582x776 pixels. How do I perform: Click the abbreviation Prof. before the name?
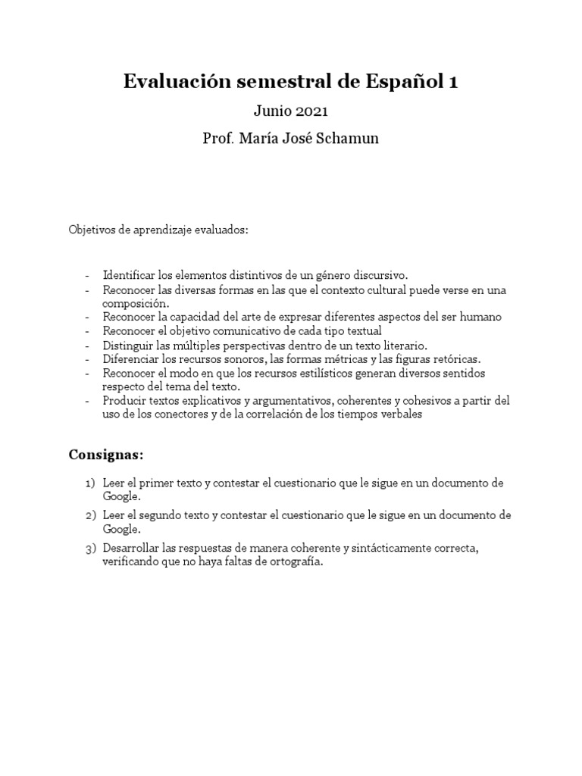[218, 139]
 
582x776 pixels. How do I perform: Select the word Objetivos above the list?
[92, 230]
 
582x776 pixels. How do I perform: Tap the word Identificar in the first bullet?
[129, 274]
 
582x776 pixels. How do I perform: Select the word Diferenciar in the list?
[130, 358]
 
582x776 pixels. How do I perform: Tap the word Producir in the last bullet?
[124, 401]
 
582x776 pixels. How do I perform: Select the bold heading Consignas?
[105, 455]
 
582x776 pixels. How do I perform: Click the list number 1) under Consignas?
[90, 483]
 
